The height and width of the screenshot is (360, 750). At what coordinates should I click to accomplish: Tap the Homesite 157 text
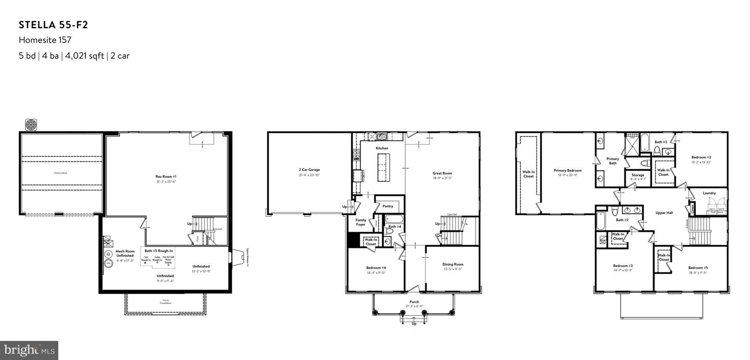click(45, 40)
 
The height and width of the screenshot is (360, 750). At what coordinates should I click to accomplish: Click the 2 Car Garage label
click(309, 170)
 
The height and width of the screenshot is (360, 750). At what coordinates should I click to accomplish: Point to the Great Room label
click(442, 173)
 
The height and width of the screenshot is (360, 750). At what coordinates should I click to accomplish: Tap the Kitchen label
click(382, 148)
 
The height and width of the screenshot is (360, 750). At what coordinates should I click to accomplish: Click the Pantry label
click(387, 206)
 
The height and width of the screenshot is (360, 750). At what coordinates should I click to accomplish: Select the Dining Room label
click(453, 264)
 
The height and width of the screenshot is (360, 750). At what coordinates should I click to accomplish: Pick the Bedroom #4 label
click(376, 268)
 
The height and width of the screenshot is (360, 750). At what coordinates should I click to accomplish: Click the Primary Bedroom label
click(567, 170)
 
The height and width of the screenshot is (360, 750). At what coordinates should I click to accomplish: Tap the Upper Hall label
click(664, 213)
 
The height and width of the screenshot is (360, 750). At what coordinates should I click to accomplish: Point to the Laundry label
click(709, 193)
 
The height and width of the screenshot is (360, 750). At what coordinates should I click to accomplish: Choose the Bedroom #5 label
click(698, 268)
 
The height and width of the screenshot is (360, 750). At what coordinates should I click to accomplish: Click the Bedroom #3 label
click(623, 266)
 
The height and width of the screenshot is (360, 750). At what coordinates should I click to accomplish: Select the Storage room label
click(637, 175)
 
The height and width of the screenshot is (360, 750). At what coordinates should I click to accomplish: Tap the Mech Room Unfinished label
click(124, 253)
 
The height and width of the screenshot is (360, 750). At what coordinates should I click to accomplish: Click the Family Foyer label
click(360, 222)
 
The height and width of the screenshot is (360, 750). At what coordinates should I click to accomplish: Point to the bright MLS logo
click(29, 350)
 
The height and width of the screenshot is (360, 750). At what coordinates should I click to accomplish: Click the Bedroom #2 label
click(701, 157)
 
